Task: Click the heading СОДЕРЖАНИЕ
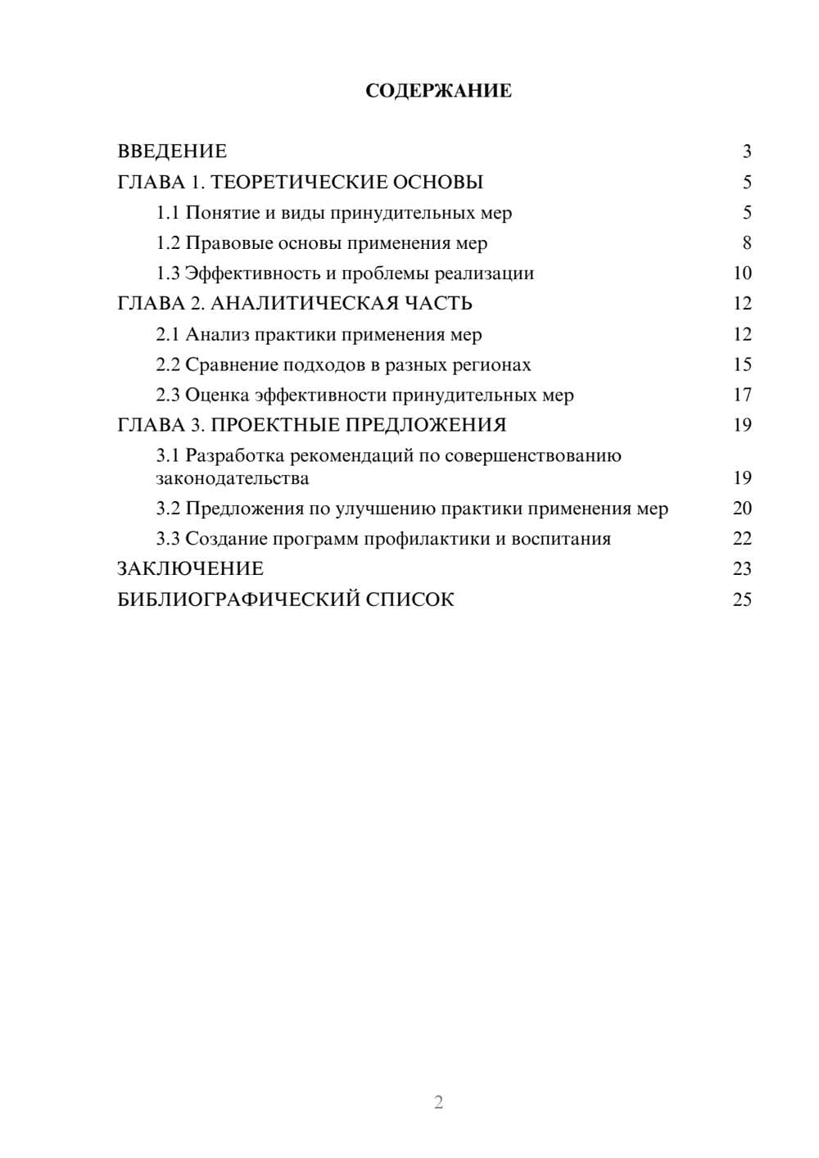click(x=438, y=91)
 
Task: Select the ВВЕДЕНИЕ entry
click(x=172, y=152)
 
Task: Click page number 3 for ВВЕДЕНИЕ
click(x=746, y=152)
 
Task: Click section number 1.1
click(x=167, y=213)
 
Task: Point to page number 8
click(x=746, y=243)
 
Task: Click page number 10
click(x=742, y=274)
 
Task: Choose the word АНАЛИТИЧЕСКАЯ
click(x=303, y=304)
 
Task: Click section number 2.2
click(x=167, y=364)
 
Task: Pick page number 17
click(x=742, y=395)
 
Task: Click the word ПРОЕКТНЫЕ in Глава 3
click(x=277, y=425)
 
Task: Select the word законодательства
click(x=233, y=478)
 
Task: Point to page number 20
click(x=742, y=509)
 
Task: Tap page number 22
click(x=742, y=539)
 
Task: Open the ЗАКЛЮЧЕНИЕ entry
click(x=190, y=569)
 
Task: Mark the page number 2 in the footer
click(x=438, y=1102)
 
